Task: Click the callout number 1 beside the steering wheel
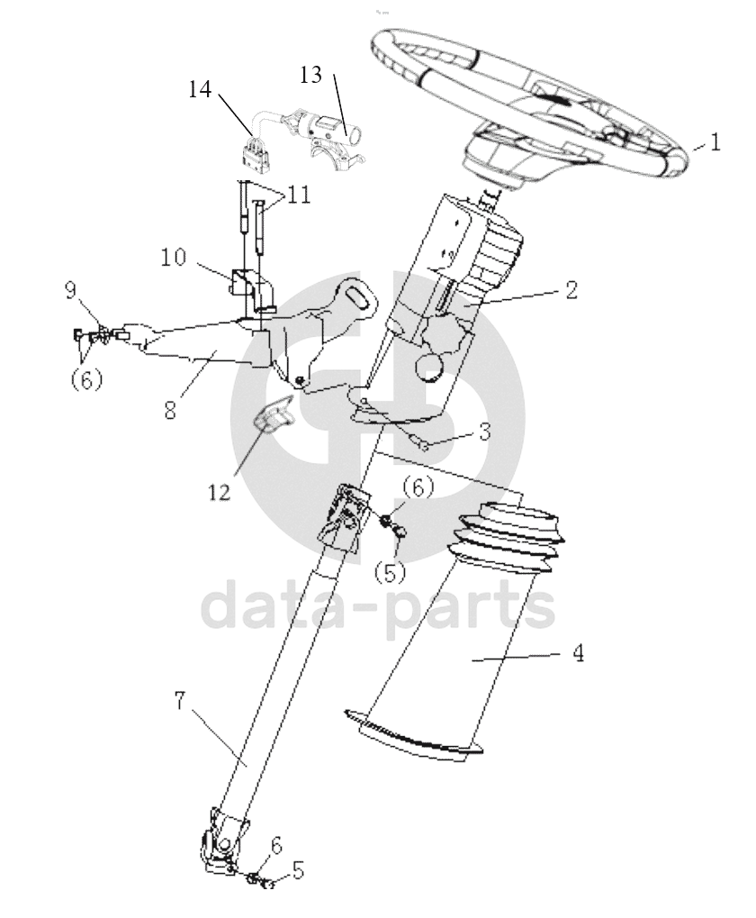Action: point(715,142)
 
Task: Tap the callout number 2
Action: point(571,290)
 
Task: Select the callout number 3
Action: point(484,432)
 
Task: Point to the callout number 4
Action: point(577,653)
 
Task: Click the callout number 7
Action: point(181,701)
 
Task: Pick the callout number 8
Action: point(170,410)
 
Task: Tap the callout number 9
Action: point(71,289)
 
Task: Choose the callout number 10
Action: point(173,257)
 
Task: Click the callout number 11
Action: point(298,195)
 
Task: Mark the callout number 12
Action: point(220,493)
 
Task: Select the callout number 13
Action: point(311,75)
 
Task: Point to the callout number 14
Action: point(200,89)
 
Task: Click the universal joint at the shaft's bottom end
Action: point(221,839)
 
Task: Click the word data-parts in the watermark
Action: point(378,609)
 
